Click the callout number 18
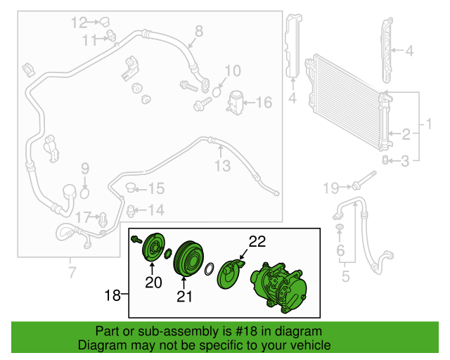click(x=112, y=295)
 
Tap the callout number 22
click(x=257, y=242)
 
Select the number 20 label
click(x=153, y=283)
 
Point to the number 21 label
click(x=184, y=297)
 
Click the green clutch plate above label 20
click(x=154, y=247)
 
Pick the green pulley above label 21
click(x=188, y=259)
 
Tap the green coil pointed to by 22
click(x=230, y=274)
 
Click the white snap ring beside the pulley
click(x=210, y=269)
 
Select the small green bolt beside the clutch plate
click(x=136, y=240)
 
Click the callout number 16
click(x=264, y=103)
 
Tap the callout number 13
click(x=223, y=166)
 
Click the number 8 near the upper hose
click(x=199, y=32)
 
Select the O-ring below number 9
click(x=84, y=194)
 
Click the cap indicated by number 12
click(x=104, y=22)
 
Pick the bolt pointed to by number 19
click(x=364, y=179)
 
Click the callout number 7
click(x=72, y=272)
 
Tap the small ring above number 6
click(x=339, y=227)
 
